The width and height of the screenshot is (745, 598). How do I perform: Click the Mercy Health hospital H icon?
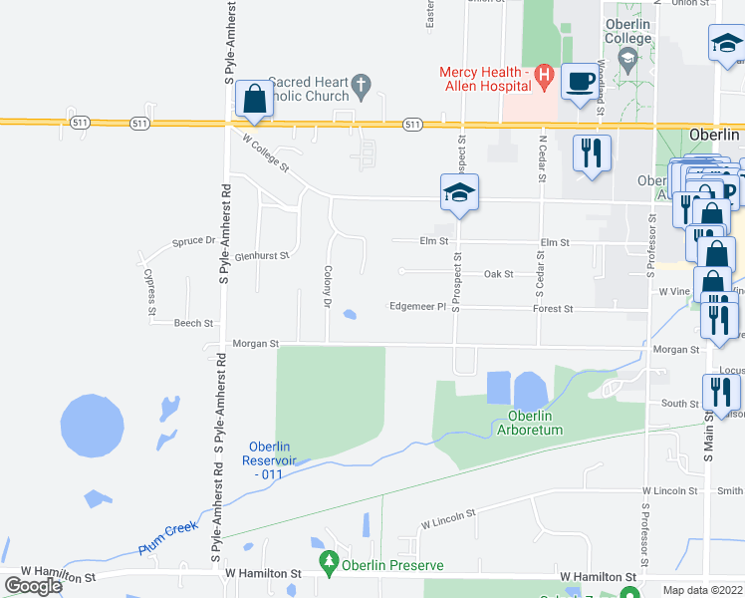tap(543, 73)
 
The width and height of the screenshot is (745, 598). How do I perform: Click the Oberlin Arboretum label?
tap(536, 423)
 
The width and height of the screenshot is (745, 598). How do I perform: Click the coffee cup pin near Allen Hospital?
tap(579, 82)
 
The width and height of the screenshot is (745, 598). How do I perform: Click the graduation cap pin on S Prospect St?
tap(460, 192)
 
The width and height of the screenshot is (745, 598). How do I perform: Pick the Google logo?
tap(34, 586)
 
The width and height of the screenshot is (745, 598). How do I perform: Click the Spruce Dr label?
tap(193, 241)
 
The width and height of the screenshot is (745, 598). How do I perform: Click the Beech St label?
tap(193, 324)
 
